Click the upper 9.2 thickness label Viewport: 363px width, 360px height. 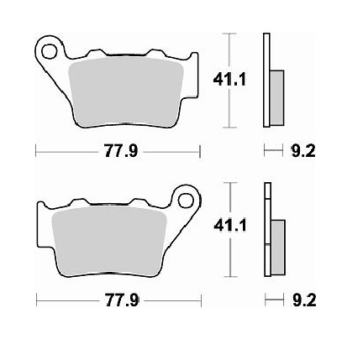tap(303, 152)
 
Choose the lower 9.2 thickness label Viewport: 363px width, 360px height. tap(303, 300)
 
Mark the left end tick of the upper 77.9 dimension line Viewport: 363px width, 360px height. tap(36, 152)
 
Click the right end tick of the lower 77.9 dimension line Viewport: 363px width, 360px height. tap(201, 300)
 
